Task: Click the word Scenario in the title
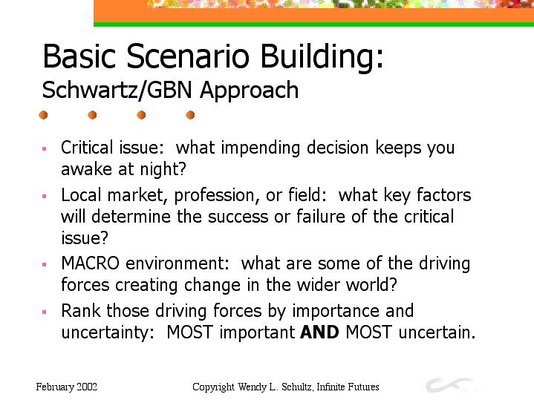[x=188, y=56]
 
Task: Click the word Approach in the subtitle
[x=250, y=91]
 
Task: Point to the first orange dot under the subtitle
[x=43, y=115]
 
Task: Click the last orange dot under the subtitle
[x=190, y=115]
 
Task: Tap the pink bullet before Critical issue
[x=44, y=148]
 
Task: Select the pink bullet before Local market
[x=44, y=196]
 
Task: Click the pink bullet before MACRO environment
[x=44, y=264]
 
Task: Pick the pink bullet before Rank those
[x=44, y=312]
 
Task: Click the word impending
[x=261, y=148]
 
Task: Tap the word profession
[x=214, y=196]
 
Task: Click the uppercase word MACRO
[x=91, y=263]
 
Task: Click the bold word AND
[x=319, y=332]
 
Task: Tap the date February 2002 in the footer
[x=67, y=387]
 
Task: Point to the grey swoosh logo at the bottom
[x=449, y=385]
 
